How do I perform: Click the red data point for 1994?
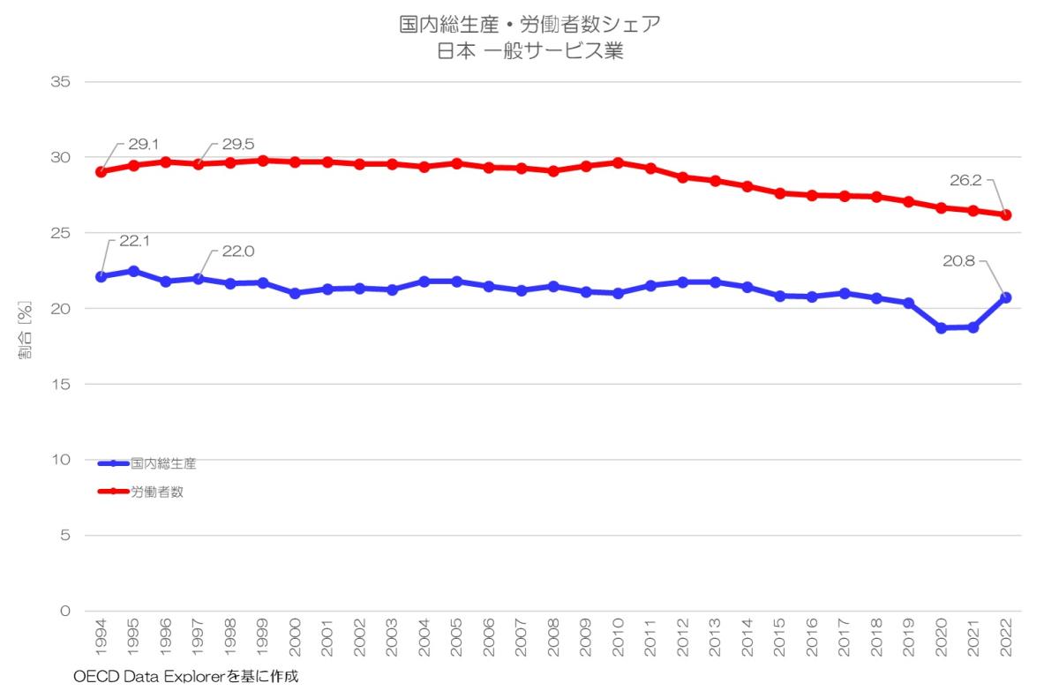[x=101, y=171]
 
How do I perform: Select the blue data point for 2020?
[x=941, y=327]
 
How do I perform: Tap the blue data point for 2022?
[x=1005, y=297]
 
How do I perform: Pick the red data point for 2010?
[x=618, y=162]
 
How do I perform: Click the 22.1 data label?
[x=134, y=240]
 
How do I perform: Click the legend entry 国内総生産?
[x=163, y=462]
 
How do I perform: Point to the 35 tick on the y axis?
[x=64, y=82]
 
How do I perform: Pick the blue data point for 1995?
[x=133, y=271]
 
